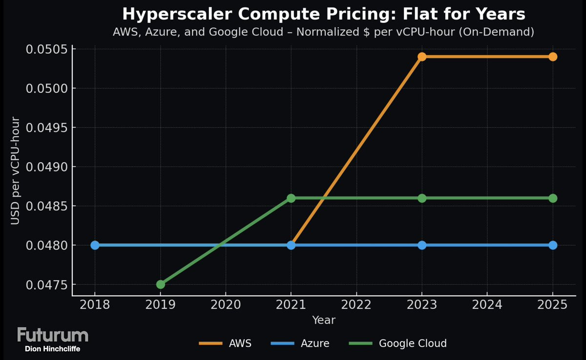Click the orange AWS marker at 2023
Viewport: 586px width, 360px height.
[x=422, y=57]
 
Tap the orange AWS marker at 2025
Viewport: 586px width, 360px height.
[x=553, y=57]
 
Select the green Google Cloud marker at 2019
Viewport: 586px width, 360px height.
[x=161, y=284]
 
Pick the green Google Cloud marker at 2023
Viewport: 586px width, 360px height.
[x=422, y=198]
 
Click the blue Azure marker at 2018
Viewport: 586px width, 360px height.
[x=95, y=245]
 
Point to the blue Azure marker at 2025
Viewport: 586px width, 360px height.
[x=553, y=245]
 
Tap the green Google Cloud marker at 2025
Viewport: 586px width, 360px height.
[x=553, y=198]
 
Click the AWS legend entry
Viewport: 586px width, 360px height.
[x=226, y=343]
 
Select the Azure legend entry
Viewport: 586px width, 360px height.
[x=300, y=343]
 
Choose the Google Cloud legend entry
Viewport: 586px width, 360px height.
[x=398, y=343]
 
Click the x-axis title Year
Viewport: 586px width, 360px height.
[x=324, y=320]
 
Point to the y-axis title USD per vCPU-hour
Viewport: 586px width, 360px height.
[x=16, y=171]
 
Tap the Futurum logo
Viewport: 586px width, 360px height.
[x=53, y=335]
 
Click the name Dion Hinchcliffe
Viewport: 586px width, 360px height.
[x=53, y=349]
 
